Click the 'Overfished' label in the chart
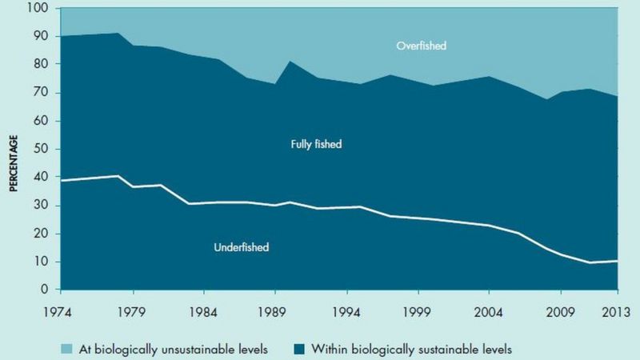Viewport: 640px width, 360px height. pos(421,46)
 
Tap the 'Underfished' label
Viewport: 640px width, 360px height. pos(241,248)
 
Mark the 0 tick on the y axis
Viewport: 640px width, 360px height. pos(46,290)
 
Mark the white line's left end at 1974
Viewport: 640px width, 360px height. pos(62,180)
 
